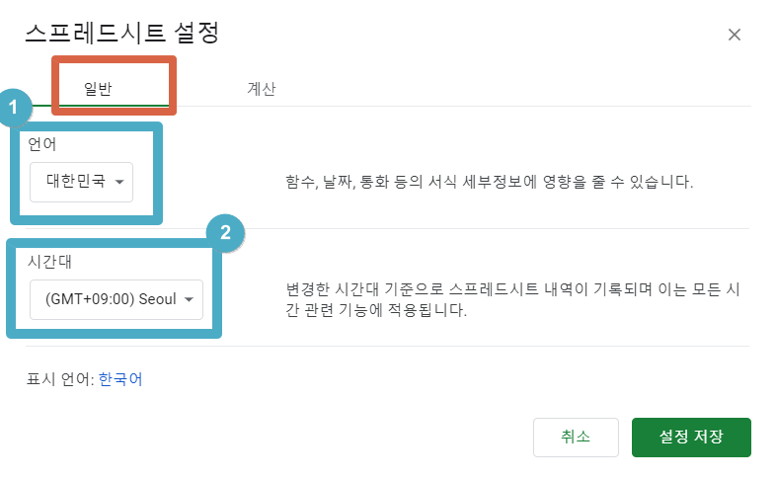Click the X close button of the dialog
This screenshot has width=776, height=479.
(x=735, y=35)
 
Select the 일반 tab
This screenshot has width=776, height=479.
(x=98, y=89)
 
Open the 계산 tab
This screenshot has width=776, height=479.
(x=262, y=89)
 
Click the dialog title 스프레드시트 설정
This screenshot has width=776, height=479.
(x=122, y=33)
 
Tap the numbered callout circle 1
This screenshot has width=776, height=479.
(x=14, y=107)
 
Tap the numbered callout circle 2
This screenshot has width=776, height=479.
(x=225, y=232)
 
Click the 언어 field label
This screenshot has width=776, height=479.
(x=42, y=144)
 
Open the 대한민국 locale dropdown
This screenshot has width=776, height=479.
(x=81, y=182)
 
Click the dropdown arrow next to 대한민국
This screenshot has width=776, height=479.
(x=119, y=182)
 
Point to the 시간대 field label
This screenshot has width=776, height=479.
(x=49, y=262)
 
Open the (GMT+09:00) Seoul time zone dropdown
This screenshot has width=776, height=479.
(x=116, y=299)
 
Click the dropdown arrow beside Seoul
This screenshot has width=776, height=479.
(x=189, y=299)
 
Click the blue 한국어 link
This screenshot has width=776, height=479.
(x=120, y=379)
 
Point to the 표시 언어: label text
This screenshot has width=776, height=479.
(x=60, y=379)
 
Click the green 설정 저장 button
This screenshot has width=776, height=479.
(x=691, y=437)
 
